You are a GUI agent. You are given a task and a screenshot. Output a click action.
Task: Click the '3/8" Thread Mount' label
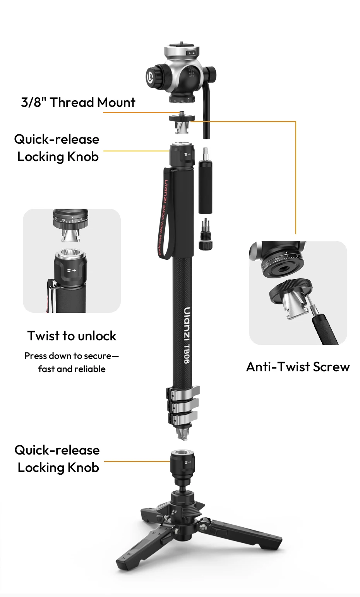click(78, 103)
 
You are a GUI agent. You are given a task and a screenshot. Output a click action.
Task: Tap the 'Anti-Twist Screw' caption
click(298, 367)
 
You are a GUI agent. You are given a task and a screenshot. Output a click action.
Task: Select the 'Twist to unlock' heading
click(72, 336)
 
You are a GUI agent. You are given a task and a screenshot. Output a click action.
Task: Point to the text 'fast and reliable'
click(72, 369)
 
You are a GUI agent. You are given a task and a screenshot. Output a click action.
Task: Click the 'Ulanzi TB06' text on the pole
click(187, 335)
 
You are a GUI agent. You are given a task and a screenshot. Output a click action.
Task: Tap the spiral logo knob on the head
click(154, 76)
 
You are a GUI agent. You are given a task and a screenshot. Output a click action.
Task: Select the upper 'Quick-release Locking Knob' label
click(57, 148)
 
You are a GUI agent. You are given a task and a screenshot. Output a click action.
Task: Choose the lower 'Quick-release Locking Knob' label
click(57, 459)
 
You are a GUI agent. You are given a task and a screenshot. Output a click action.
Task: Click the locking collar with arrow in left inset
click(70, 269)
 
